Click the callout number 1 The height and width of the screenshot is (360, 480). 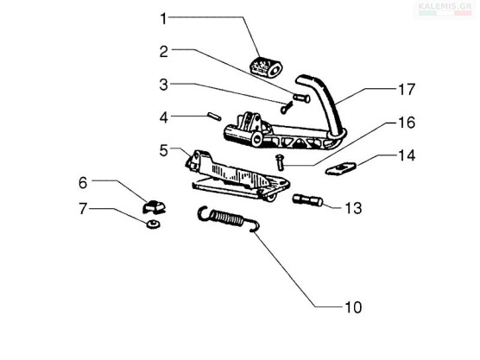coord(164,19)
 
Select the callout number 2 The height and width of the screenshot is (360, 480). coord(164,52)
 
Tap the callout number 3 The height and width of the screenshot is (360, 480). coord(164,85)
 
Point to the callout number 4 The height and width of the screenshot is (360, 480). coord(164,117)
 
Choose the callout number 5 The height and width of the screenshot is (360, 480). coord(164,150)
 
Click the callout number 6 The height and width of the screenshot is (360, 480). coord(83,183)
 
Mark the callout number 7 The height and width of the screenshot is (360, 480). coord(83,209)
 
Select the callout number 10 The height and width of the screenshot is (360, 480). coord(353,307)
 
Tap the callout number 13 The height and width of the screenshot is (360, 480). coord(353,208)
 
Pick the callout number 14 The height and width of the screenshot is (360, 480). coord(407,155)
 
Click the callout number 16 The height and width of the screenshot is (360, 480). coord(407,123)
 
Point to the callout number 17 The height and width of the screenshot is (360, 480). coord(407,90)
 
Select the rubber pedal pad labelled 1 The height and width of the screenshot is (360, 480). coord(266,67)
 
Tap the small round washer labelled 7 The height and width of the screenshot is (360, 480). coord(153,224)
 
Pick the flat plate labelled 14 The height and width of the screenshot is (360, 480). coord(341,168)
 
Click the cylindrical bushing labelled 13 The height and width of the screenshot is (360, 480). coord(308,200)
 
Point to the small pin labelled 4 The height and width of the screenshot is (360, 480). coord(214,117)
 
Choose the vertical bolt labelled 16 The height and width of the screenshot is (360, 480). coord(280,163)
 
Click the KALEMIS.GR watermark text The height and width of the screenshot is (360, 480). coord(445,6)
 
